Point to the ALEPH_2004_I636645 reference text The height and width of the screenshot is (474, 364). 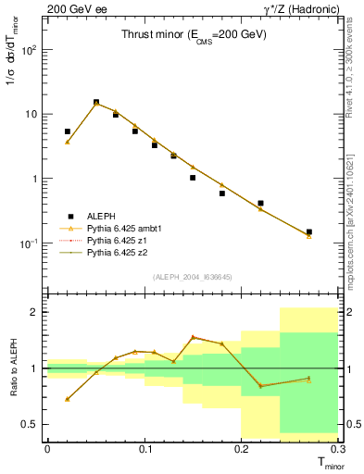[x=193, y=277]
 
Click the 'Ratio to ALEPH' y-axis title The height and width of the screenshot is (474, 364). [x=12, y=368]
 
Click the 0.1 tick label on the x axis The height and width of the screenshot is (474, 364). [x=144, y=449]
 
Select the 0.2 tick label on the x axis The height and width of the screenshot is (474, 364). [x=242, y=449]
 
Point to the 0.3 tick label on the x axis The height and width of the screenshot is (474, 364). [x=338, y=449]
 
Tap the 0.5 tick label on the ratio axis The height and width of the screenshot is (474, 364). [x=31, y=425]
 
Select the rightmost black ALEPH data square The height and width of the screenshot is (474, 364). [x=309, y=232]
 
